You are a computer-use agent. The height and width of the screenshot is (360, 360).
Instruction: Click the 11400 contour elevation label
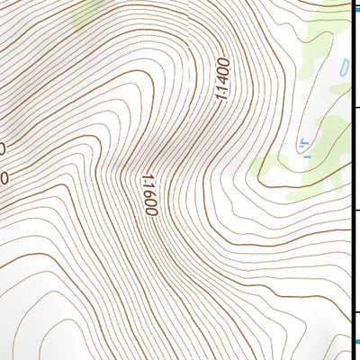click(x=222, y=81)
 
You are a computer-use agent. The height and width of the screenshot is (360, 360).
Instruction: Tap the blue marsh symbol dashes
click(x=304, y=146)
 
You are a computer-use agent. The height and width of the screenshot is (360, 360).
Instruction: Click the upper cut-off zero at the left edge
click(x=3, y=148)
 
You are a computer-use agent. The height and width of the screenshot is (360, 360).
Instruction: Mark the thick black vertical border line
click(x=350, y=180)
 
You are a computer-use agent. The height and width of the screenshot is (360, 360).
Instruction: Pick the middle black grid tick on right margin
click(x=355, y=209)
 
